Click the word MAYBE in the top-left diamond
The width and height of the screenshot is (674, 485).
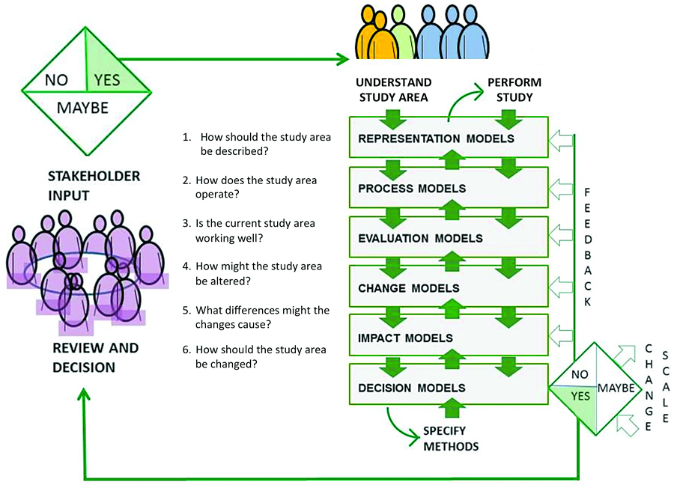[82, 108]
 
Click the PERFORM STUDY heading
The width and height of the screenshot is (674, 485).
[514, 89]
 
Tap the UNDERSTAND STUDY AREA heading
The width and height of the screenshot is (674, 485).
[393, 89]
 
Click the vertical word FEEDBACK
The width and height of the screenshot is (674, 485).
[588, 247]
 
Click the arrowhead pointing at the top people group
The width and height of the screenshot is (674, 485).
[344, 58]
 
